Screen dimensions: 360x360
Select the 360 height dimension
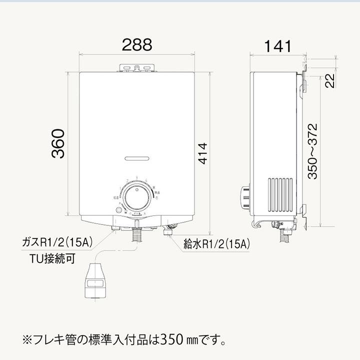59,143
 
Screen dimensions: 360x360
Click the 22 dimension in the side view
328,79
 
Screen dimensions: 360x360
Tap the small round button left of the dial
118,210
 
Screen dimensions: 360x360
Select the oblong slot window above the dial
137,158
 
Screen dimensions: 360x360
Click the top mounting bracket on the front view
137,66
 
